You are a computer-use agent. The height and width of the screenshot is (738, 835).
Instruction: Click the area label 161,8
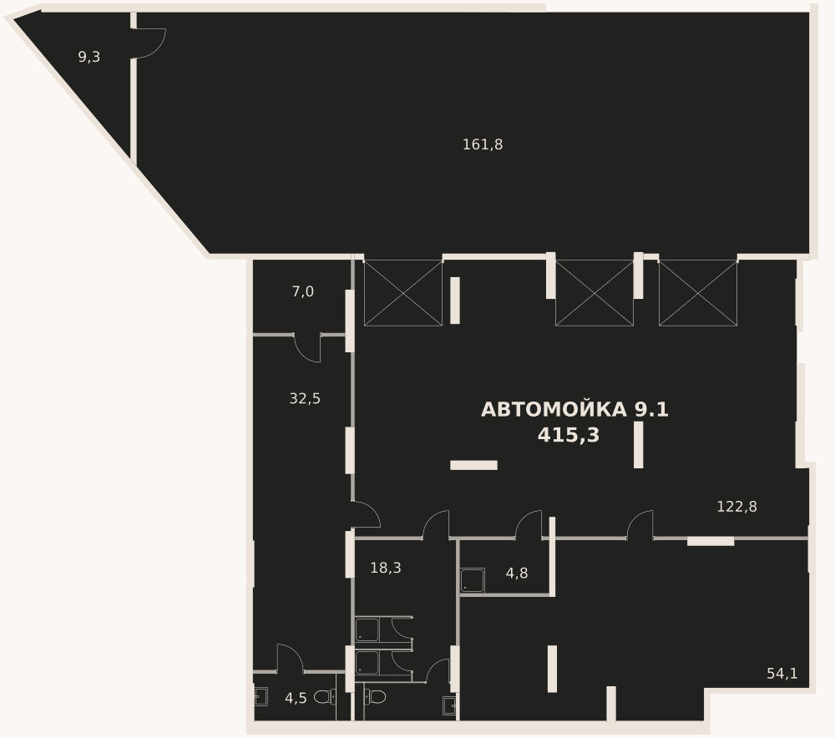click(x=483, y=144)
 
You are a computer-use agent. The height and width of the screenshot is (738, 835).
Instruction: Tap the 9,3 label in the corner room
click(x=89, y=57)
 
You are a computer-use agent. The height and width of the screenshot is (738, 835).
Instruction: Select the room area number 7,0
click(x=302, y=292)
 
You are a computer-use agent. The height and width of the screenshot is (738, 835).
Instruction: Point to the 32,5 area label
click(x=305, y=398)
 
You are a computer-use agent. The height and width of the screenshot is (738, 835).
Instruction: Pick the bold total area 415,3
click(x=568, y=435)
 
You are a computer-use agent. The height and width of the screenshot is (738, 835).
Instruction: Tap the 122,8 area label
click(x=736, y=507)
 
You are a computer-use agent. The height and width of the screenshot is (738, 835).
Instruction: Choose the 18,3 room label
click(x=386, y=569)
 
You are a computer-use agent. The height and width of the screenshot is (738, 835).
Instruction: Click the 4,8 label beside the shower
click(x=517, y=574)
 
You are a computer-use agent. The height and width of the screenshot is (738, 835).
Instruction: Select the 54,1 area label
click(x=782, y=674)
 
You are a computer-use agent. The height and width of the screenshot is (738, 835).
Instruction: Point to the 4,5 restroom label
click(x=296, y=699)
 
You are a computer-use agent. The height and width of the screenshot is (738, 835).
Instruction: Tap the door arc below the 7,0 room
click(x=307, y=348)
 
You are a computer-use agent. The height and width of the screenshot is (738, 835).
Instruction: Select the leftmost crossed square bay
click(x=403, y=293)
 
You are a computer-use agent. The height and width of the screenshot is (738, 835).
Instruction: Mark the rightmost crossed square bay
click(x=698, y=293)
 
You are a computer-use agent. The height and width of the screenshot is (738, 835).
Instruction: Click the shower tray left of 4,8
click(x=473, y=580)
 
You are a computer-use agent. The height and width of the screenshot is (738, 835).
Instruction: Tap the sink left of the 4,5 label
click(x=261, y=697)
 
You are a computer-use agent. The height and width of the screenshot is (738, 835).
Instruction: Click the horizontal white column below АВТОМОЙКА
click(x=474, y=465)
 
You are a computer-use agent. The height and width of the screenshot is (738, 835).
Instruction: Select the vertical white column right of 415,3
click(x=639, y=445)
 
